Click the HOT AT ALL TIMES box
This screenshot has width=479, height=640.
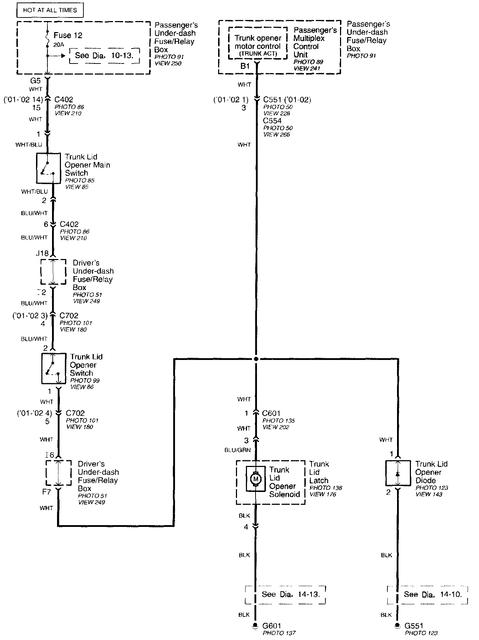coord(50,10)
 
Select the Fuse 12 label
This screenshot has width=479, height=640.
coord(68,35)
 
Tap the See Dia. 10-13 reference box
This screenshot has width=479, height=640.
coord(104,56)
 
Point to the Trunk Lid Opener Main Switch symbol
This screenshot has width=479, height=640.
coord(48,168)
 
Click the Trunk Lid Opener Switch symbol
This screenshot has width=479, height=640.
coord(53,369)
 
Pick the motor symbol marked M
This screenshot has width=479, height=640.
coord(255,479)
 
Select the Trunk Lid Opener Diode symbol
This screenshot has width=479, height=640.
coord(398,473)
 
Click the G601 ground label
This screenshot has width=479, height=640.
coord(272,626)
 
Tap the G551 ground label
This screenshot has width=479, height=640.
coord(414,626)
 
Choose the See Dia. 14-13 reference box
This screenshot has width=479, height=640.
coord(285,594)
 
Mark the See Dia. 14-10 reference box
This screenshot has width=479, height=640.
coord(427,594)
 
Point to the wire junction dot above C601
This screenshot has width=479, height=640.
coord(256,359)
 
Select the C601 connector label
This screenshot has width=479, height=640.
coord(271,413)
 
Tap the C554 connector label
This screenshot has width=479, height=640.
coord(272,121)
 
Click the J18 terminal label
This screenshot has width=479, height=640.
coord(42,253)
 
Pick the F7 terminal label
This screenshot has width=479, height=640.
coord(46,492)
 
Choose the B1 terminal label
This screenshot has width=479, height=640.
coord(245,66)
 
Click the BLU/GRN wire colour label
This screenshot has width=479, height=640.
coord(238,450)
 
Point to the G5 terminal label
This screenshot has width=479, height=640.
coord(36,81)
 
